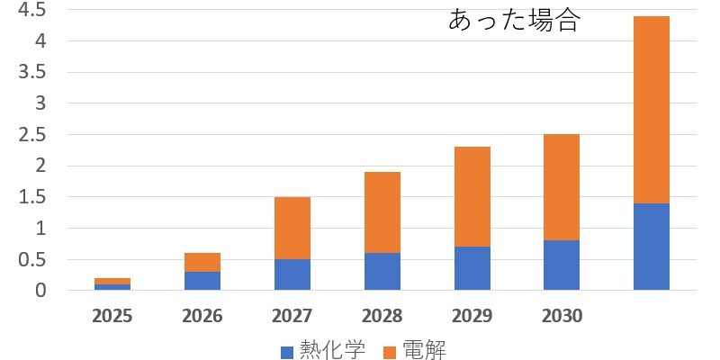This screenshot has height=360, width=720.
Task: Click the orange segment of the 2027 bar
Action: (x=292, y=229)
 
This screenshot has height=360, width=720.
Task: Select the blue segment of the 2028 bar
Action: (x=382, y=272)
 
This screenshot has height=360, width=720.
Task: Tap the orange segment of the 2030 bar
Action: (x=562, y=187)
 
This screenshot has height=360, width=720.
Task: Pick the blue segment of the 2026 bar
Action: (x=202, y=281)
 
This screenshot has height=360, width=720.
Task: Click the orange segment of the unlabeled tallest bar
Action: (x=652, y=110)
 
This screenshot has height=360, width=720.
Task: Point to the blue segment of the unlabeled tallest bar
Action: (x=652, y=247)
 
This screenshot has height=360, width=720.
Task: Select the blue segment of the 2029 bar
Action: (x=472, y=268)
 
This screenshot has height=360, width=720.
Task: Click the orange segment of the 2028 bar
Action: (x=382, y=212)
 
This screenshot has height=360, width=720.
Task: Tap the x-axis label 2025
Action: (x=112, y=317)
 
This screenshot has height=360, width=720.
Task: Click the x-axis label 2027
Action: (x=292, y=317)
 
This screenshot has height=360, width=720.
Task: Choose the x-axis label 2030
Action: (x=562, y=317)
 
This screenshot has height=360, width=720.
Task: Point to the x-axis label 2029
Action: (x=472, y=317)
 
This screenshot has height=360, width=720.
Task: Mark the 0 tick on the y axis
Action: (x=41, y=291)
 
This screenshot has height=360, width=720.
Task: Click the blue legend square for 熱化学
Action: (x=287, y=353)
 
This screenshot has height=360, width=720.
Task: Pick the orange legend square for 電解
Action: (x=391, y=353)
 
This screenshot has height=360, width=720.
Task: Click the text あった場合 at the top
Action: (x=514, y=20)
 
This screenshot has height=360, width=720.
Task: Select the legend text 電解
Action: (x=423, y=350)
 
